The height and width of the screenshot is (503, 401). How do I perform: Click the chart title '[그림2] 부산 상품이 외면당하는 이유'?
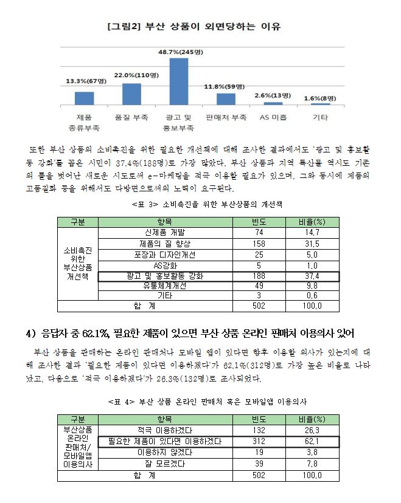(193, 26)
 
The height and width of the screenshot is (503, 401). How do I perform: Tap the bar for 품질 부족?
(131, 94)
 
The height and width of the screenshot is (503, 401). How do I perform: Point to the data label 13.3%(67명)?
(86, 81)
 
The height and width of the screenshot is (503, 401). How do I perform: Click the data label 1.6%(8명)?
(319, 98)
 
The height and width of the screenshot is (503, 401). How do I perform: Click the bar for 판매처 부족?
(226, 100)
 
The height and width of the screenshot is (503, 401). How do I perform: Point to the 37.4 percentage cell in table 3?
(312, 275)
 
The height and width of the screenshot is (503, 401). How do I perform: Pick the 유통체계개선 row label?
(164, 286)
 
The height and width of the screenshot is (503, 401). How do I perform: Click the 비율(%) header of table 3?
(312, 221)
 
